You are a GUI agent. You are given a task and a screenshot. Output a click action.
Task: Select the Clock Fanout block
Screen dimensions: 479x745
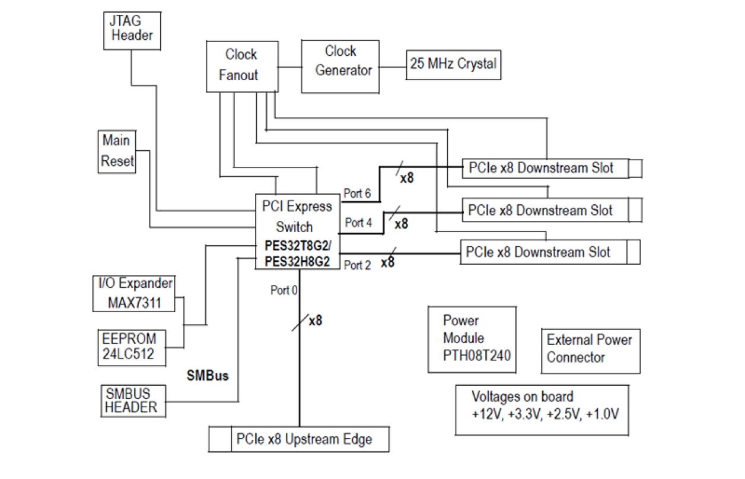(x=241, y=65)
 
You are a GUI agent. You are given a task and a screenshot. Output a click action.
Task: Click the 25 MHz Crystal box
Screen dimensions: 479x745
(x=453, y=64)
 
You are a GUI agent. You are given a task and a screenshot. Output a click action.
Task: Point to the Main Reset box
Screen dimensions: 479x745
(x=117, y=152)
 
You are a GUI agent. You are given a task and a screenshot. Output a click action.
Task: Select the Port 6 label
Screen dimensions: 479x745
(x=357, y=193)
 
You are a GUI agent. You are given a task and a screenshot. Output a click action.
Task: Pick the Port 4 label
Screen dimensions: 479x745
(x=358, y=223)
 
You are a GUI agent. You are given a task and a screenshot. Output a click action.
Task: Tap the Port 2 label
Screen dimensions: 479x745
(x=357, y=265)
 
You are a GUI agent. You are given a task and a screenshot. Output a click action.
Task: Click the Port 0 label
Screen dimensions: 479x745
(x=284, y=291)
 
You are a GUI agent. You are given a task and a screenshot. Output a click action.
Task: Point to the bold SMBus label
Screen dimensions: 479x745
(x=208, y=376)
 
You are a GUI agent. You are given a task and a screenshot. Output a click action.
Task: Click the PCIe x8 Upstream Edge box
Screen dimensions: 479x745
(x=300, y=439)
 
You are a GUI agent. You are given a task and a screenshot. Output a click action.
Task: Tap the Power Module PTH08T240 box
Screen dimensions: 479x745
(x=472, y=339)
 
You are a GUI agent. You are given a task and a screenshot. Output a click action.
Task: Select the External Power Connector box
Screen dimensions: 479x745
(x=590, y=350)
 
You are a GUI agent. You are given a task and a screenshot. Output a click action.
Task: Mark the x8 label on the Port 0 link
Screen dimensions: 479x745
(x=316, y=321)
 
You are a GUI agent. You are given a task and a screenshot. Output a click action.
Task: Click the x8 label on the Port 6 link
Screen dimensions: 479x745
(x=407, y=177)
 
